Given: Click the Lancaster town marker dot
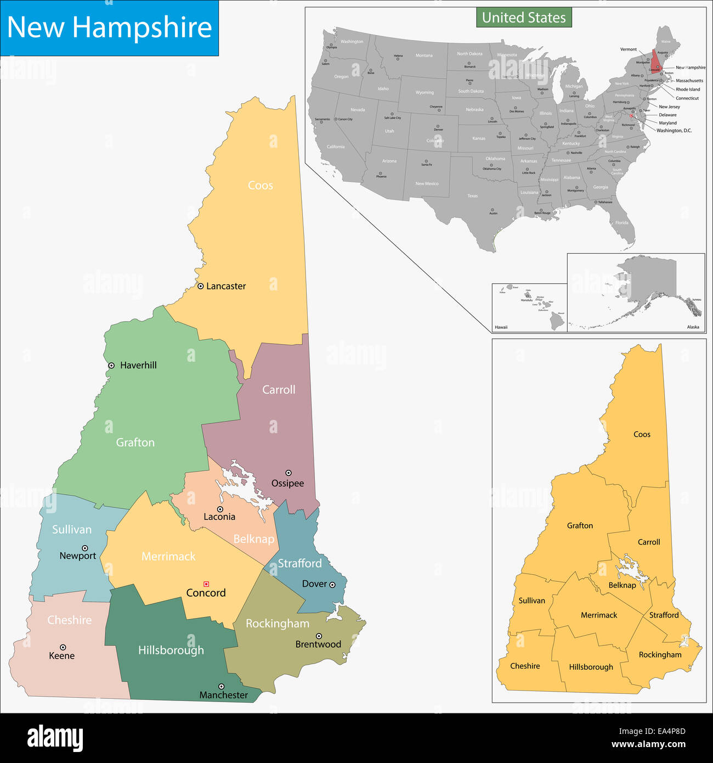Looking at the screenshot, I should tap(201, 286).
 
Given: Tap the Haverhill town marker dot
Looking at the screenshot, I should tap(111, 365).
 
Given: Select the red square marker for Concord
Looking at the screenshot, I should tap(206, 584).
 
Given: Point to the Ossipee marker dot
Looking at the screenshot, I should tap(288, 473).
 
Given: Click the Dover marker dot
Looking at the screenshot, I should tap(332, 585).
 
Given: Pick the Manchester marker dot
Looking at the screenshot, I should tap(222, 686).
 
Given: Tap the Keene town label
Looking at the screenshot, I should tap(61, 655).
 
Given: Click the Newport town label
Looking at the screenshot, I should tap(78, 556).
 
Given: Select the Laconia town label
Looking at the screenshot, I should tap(219, 517).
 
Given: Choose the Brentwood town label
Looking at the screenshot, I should tap(318, 644).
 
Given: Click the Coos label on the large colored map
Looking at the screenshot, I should tap(261, 186).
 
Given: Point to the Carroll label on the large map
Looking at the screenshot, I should tap(279, 390).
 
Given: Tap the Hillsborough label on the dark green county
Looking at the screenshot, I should tap(171, 650).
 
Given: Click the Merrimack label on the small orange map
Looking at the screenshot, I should tap(599, 615).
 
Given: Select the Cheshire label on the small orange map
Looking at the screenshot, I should tap(525, 666).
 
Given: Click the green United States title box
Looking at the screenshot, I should tap(524, 18).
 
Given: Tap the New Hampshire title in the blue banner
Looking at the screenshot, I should tap(109, 27).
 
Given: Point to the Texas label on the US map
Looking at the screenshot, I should tap(472, 196).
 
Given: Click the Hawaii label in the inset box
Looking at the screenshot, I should tap(501, 327).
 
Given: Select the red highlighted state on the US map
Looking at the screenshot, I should tap(656, 60).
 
